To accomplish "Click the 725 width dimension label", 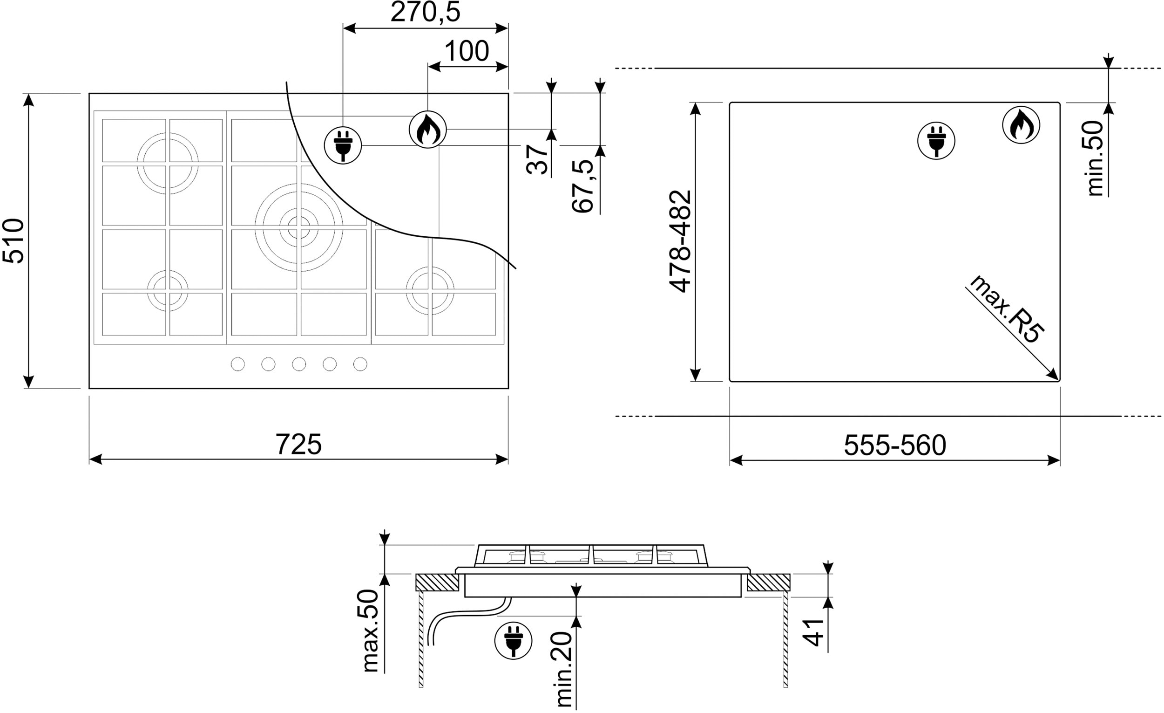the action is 298,444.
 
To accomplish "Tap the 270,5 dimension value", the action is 425,12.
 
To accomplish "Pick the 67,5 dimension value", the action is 582,186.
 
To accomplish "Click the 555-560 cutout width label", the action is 895,445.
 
